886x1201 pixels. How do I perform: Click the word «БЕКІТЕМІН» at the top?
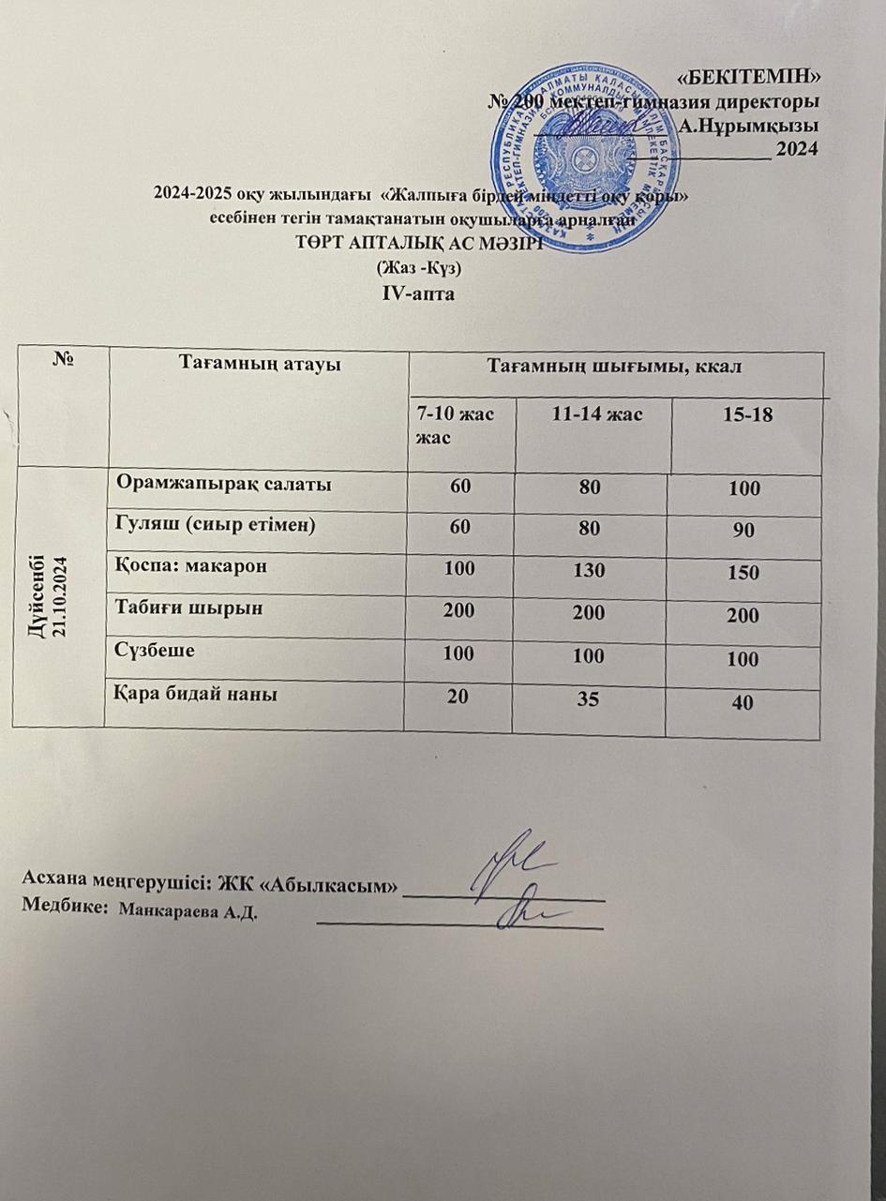768,76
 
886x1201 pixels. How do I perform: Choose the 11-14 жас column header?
593,413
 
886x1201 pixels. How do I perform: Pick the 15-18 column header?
748,413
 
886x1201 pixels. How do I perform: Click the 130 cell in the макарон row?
592,570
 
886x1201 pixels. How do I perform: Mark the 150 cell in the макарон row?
747,573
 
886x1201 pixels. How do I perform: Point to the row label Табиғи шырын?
188,608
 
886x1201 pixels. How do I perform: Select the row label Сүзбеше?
156,649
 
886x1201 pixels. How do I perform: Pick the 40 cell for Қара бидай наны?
746,703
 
